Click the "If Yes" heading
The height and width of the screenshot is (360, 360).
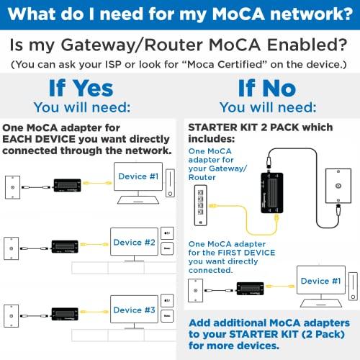tap(81, 89)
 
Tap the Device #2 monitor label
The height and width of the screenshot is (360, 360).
tap(134, 243)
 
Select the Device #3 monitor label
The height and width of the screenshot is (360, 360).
tap(134, 310)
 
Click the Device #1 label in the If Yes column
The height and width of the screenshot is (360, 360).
tap(139, 176)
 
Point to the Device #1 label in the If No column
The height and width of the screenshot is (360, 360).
tap(320, 281)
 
